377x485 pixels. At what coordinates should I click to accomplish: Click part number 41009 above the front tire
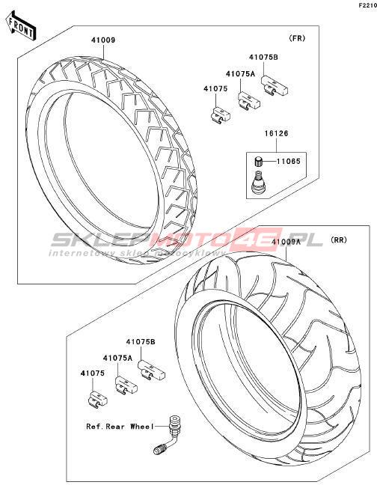(x=103, y=40)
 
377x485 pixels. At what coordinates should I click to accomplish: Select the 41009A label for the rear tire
(x=286, y=242)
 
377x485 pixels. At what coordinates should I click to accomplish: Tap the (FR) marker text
(x=297, y=38)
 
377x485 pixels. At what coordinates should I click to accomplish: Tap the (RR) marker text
(x=339, y=240)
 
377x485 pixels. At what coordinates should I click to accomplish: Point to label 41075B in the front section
(x=263, y=57)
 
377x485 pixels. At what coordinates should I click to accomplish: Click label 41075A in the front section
(x=240, y=74)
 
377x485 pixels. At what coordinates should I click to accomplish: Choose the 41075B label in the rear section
(x=141, y=342)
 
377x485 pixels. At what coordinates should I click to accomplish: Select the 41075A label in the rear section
(x=117, y=358)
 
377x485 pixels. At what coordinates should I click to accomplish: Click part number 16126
(x=276, y=133)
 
